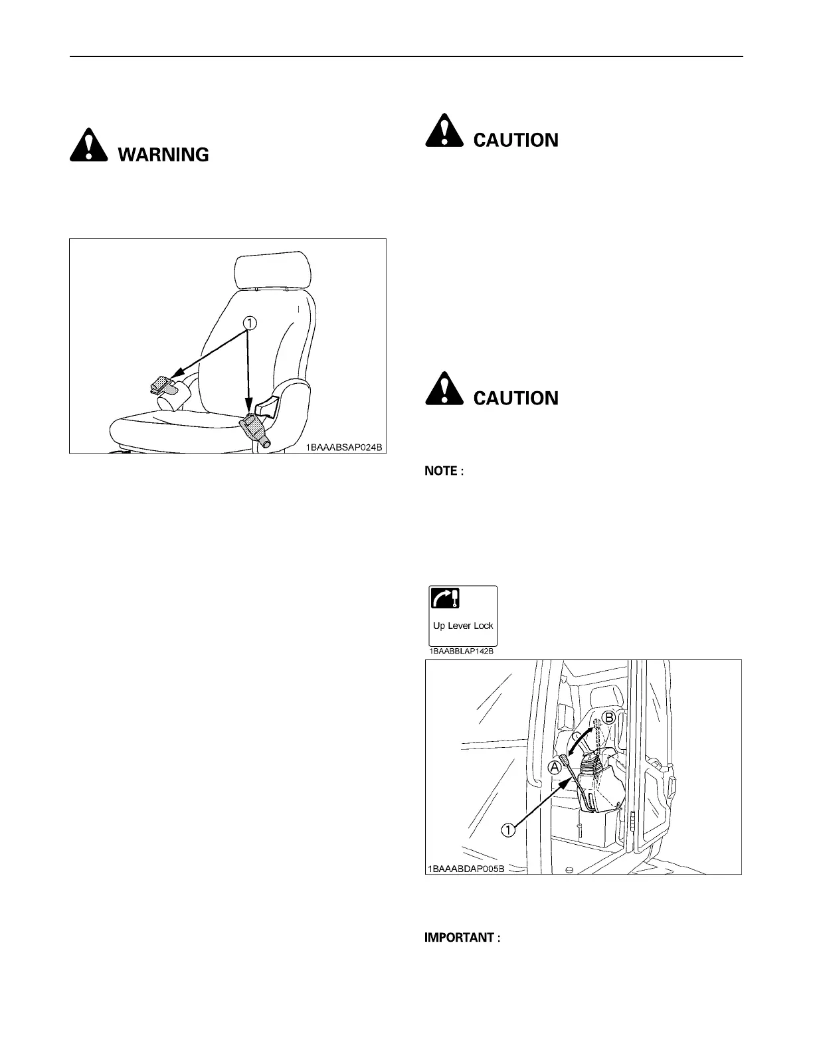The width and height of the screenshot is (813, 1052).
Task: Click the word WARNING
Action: point(163,155)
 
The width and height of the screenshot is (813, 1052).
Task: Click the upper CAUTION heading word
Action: point(516,140)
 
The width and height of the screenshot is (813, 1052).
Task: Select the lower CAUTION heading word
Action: point(516,398)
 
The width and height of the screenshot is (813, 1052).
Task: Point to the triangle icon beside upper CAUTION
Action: point(444,131)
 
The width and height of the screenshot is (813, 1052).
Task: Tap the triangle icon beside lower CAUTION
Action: point(444,389)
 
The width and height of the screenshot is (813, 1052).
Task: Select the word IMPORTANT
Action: point(460,938)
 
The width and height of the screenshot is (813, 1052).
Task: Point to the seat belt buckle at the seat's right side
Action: point(253,424)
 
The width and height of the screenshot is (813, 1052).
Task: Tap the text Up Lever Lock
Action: point(463,626)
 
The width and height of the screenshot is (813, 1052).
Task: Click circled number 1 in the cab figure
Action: point(508,830)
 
